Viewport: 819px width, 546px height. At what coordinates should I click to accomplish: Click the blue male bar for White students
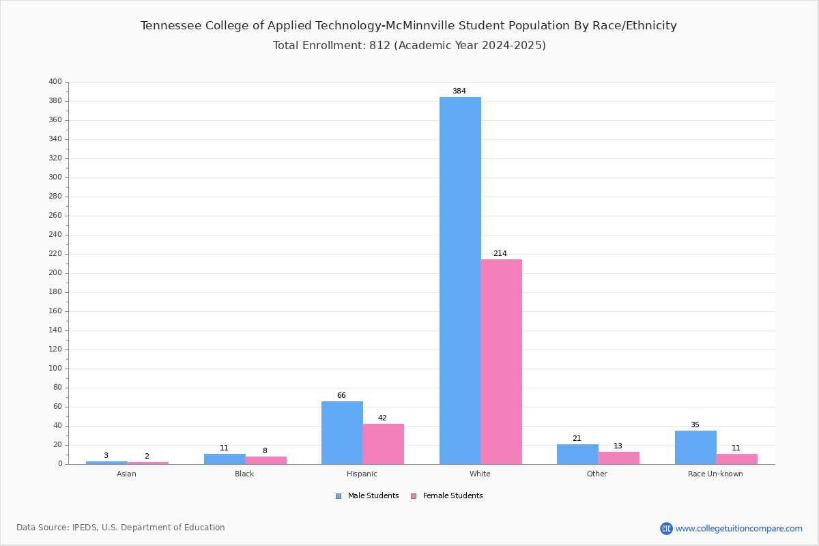pyautogui.click(x=460, y=281)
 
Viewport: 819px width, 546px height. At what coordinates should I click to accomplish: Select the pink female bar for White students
pyautogui.click(x=501, y=362)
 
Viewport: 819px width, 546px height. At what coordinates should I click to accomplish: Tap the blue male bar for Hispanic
pyautogui.click(x=342, y=433)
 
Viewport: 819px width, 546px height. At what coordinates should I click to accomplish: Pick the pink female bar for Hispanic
pyautogui.click(x=383, y=444)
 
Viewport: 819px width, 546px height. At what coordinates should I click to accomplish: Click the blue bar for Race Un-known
pyautogui.click(x=695, y=447)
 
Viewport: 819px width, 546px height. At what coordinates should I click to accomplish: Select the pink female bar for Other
pyautogui.click(x=618, y=458)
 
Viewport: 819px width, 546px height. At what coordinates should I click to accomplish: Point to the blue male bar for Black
pyautogui.click(x=225, y=459)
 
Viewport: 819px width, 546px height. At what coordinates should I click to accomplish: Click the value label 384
pyautogui.click(x=459, y=91)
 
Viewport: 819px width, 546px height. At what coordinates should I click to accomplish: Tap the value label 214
pyautogui.click(x=500, y=253)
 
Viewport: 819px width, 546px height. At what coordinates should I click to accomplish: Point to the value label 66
pyautogui.click(x=341, y=395)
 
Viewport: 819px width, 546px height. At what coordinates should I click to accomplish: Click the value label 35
pyautogui.click(x=695, y=425)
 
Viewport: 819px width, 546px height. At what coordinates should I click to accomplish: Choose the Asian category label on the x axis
pyautogui.click(x=126, y=474)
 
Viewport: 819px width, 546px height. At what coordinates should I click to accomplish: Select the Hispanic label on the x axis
pyautogui.click(x=362, y=474)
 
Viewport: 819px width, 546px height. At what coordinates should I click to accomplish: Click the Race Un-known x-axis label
pyautogui.click(x=715, y=474)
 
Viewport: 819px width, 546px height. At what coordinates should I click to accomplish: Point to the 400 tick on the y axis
pyautogui.click(x=55, y=81)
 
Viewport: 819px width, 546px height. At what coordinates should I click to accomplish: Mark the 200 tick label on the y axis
pyautogui.click(x=55, y=272)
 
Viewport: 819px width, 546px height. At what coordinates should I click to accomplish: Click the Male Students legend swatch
pyautogui.click(x=339, y=496)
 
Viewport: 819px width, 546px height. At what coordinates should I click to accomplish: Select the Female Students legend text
pyautogui.click(x=453, y=495)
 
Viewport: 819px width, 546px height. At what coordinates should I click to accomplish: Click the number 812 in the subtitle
pyautogui.click(x=380, y=45)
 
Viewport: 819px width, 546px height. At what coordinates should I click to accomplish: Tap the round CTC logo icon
pyautogui.click(x=666, y=528)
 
